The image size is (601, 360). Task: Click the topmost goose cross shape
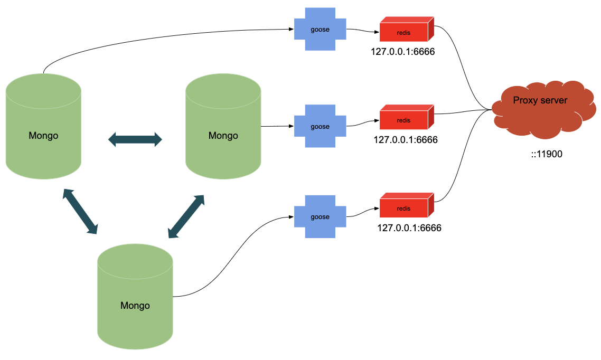point(320,30)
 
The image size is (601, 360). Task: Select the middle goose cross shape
point(320,127)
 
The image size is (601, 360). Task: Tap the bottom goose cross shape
point(320,217)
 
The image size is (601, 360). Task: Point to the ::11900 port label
point(547,155)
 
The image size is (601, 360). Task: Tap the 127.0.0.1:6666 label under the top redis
point(402,53)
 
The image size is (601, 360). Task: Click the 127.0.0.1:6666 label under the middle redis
point(406,140)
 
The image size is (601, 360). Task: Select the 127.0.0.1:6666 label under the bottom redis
point(409,229)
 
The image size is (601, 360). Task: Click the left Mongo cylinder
point(43,127)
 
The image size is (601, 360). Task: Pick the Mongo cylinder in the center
point(223,127)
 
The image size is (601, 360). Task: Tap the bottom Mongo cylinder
point(135,297)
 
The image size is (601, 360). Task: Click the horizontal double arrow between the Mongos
point(135,140)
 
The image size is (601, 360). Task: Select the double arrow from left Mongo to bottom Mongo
point(80,211)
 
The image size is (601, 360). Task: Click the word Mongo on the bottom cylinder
point(135,306)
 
